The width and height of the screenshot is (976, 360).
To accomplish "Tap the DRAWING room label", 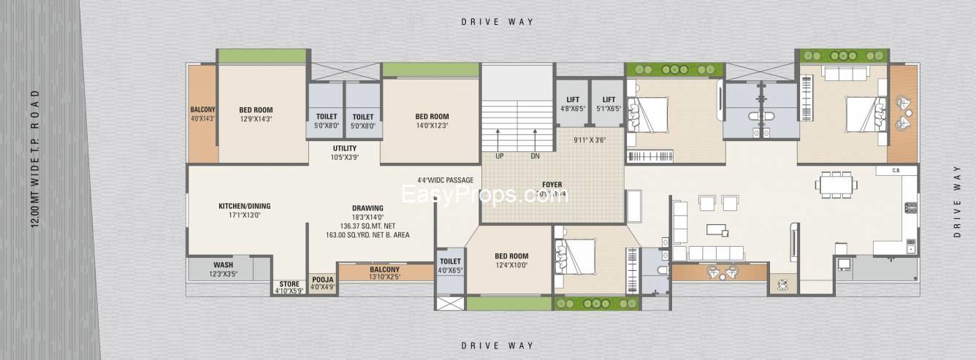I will pos(367,208).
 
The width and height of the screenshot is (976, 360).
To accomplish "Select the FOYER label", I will pos(552,185).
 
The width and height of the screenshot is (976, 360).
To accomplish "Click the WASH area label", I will pos(223,264).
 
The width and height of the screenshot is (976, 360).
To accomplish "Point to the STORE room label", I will pos(289,284).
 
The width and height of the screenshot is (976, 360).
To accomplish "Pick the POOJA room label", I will pos(322,279).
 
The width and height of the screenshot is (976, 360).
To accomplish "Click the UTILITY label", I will pos(344,148).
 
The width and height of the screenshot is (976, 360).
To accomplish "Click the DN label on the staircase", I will pos(535,156).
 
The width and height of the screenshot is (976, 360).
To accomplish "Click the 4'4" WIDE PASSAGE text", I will pos(445,180).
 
